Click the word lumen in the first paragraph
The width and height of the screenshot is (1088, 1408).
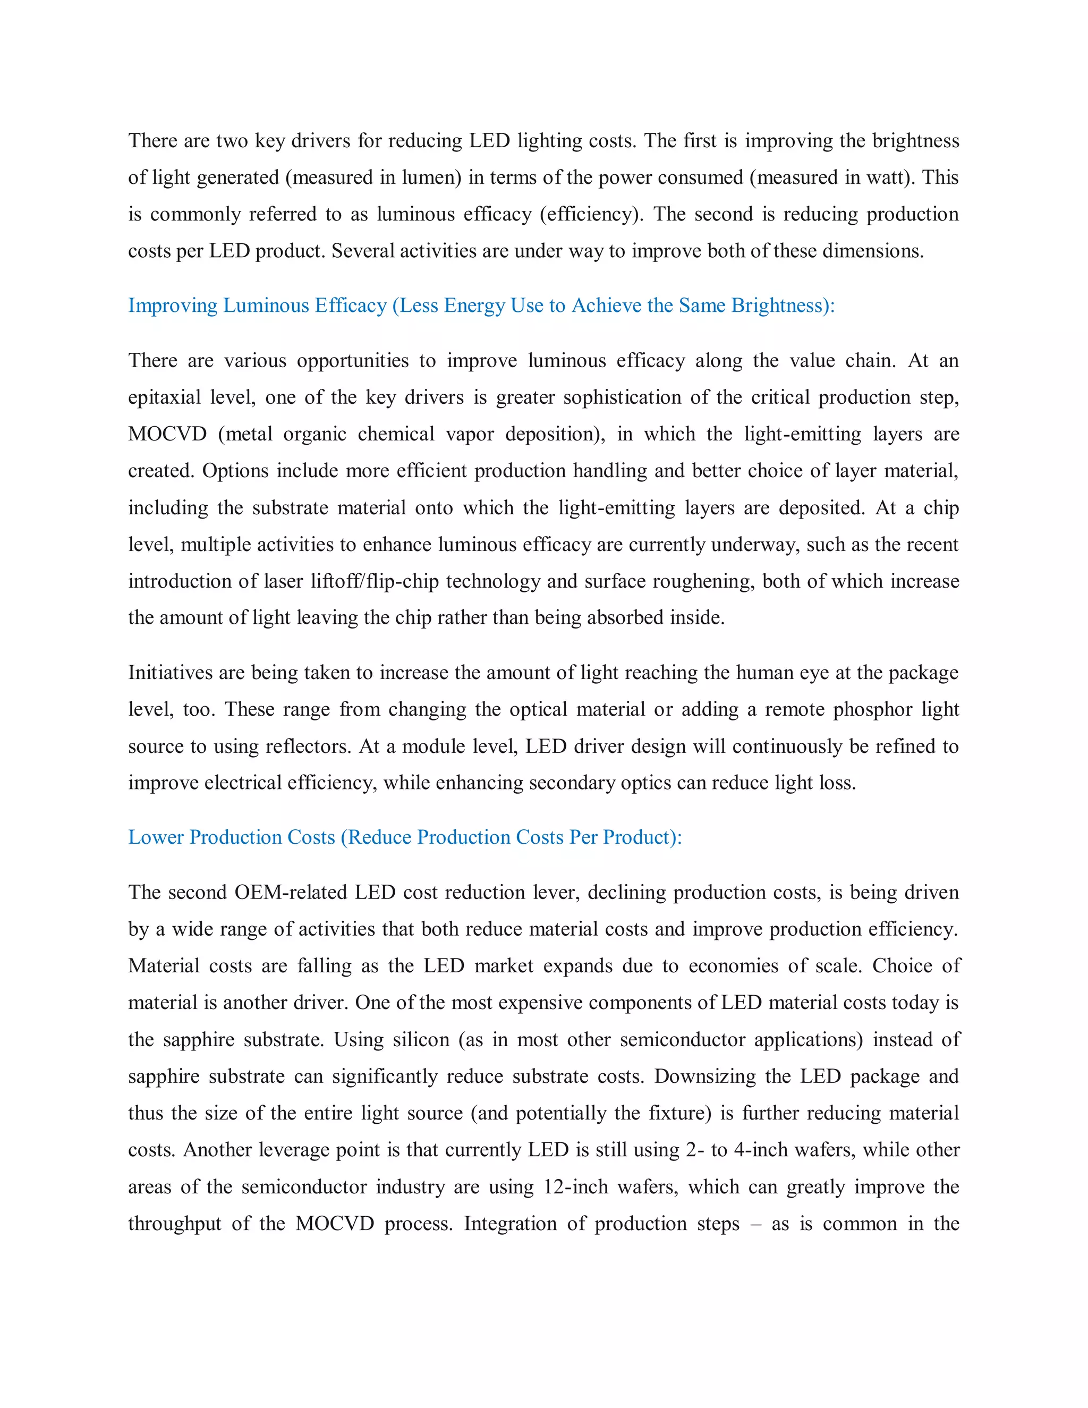coord(430,177)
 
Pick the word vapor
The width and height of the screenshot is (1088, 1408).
coord(470,434)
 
